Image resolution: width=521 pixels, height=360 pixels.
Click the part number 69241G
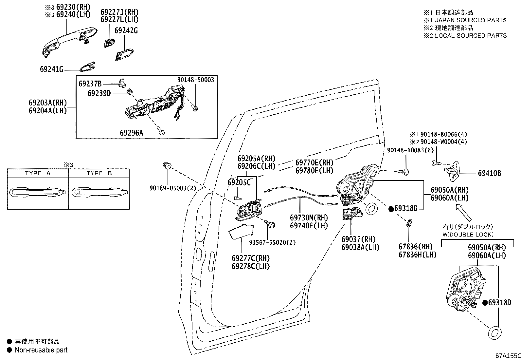(51, 69)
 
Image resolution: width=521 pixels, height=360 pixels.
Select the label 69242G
(126, 30)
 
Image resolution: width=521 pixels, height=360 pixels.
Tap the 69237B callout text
(90, 84)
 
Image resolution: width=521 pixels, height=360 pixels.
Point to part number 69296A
(132, 133)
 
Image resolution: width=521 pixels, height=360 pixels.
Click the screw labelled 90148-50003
(195, 108)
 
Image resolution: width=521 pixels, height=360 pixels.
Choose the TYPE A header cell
(38, 173)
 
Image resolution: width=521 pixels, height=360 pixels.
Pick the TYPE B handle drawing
(99, 192)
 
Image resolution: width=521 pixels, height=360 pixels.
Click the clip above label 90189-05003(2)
(167, 166)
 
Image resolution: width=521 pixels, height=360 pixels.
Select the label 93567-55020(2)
(272, 242)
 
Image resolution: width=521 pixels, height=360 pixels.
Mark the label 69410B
(489, 173)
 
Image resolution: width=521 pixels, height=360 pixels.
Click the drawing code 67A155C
(508, 356)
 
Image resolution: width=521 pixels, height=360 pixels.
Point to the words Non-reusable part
(41, 350)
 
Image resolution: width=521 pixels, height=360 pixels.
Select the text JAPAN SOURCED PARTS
(471, 20)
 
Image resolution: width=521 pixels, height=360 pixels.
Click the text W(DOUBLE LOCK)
(468, 235)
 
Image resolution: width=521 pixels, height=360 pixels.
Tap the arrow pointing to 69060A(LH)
(463, 213)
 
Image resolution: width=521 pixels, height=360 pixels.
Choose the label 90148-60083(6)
(410, 150)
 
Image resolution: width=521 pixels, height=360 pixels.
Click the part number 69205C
(239, 182)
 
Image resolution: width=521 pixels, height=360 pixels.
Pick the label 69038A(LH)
(360, 247)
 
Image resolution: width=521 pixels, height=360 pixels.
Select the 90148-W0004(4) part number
(443, 142)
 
